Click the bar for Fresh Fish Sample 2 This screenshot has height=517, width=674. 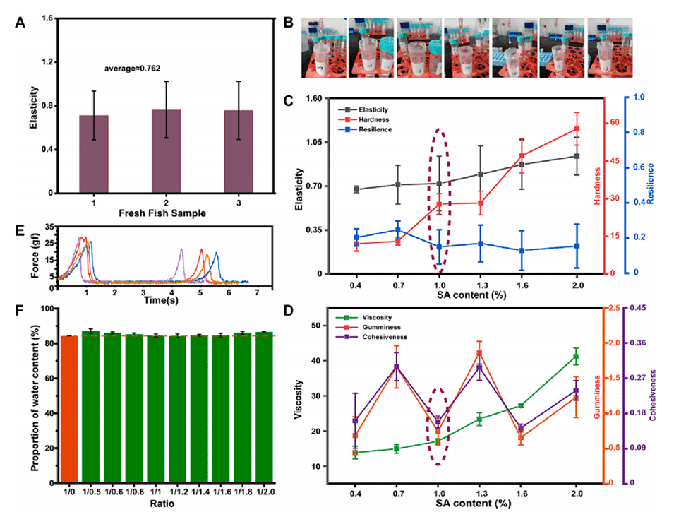pos(167,151)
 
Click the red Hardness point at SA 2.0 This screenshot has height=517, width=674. pos(577,129)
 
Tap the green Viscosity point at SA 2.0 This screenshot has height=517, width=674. pos(577,357)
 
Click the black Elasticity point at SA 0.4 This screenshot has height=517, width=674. pos(356,189)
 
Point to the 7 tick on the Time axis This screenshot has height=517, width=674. pos(257,292)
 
